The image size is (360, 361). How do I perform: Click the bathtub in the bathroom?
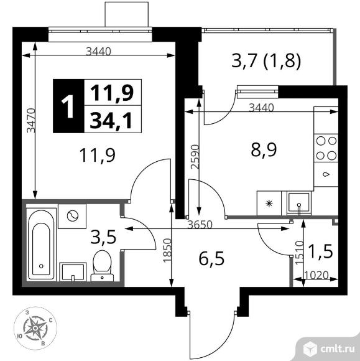(42, 244)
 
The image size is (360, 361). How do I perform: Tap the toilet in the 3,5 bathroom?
(102, 266)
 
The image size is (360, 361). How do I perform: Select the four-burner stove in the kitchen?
(326, 148)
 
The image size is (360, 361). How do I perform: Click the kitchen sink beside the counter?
(299, 204)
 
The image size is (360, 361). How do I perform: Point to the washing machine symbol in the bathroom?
(72, 216)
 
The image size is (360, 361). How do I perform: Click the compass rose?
(35, 327)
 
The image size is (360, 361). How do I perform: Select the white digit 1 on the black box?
(68, 106)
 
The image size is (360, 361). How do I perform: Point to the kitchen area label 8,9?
(264, 149)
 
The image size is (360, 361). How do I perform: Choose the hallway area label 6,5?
(211, 258)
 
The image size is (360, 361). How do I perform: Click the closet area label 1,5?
(321, 251)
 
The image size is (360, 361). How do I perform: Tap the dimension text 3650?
(200, 225)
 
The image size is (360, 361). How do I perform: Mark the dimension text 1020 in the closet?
(316, 275)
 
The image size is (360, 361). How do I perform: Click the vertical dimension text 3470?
(31, 120)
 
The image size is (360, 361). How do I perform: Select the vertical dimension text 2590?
(195, 157)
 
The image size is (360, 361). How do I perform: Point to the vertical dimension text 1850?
(167, 250)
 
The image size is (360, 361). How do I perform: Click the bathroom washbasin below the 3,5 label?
(73, 272)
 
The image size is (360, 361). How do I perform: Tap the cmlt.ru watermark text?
(337, 349)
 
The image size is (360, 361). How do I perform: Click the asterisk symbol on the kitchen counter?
(269, 204)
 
